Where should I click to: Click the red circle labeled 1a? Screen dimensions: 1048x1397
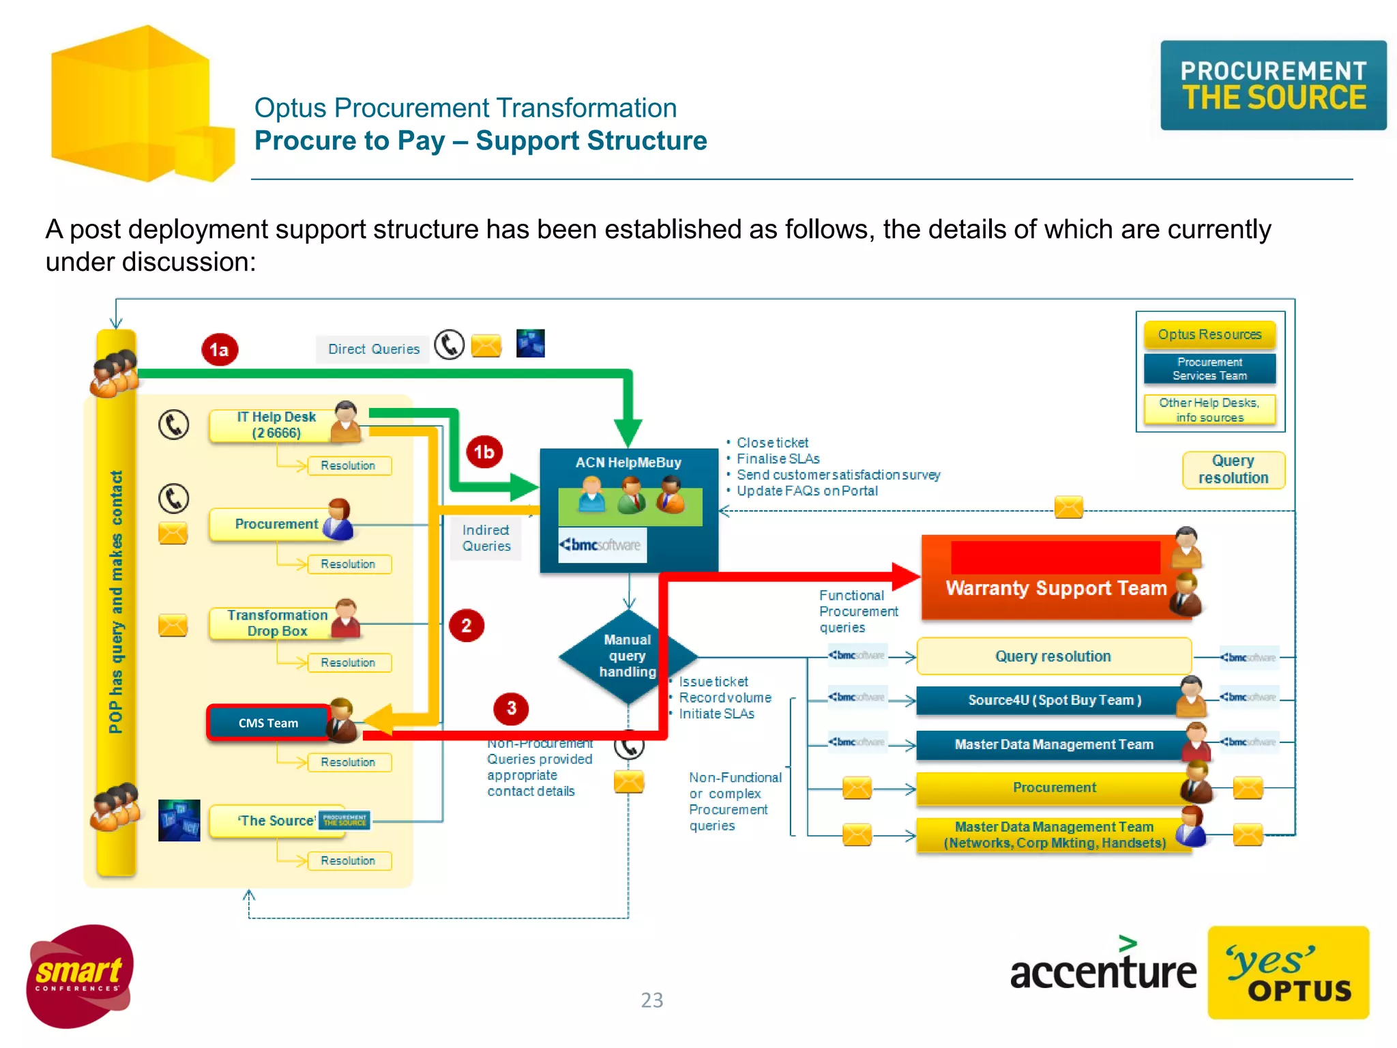tap(219, 349)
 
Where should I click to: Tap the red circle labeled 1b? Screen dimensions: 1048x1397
tap(484, 452)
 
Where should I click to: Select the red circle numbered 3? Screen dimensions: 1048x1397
tap(511, 708)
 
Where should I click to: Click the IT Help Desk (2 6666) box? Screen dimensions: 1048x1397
tap(276, 425)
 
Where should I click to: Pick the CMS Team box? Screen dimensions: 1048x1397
tap(268, 723)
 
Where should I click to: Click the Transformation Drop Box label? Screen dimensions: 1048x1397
tap(277, 623)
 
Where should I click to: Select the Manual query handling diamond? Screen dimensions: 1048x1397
tap(627, 656)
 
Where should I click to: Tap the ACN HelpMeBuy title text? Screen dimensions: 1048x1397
tap(628, 463)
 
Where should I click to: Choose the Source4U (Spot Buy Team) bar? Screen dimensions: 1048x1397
tap(1053, 700)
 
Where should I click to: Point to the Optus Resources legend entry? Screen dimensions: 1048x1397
tap(1209, 334)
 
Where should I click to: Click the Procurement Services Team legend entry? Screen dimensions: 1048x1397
tap(1209, 368)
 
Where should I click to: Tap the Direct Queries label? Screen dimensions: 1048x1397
tap(374, 349)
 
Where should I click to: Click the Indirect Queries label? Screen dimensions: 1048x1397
tap(486, 538)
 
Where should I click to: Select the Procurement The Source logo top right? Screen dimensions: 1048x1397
tap(1273, 85)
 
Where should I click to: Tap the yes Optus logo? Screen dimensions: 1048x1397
tap(1288, 972)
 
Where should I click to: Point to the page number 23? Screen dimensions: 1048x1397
tap(651, 1000)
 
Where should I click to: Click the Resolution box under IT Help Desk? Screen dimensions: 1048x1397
tap(349, 465)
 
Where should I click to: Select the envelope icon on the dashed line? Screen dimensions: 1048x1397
tap(1068, 507)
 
